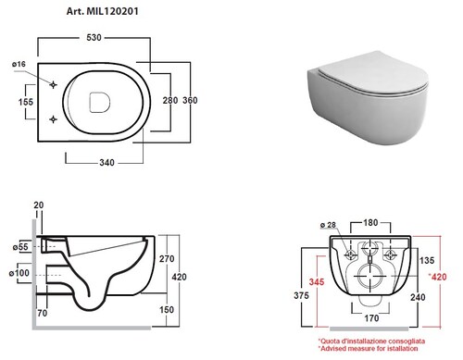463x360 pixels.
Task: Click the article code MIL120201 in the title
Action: (112, 11)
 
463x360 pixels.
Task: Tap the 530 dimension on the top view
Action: (94, 38)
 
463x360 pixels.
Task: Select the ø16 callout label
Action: (19, 64)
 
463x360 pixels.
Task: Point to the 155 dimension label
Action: (26, 102)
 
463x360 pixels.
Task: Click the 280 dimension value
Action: (170, 100)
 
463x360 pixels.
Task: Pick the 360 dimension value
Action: (190, 100)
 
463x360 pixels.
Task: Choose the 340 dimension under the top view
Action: (106, 163)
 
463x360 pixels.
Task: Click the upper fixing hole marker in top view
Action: (53, 84)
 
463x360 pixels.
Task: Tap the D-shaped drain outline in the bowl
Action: (99, 102)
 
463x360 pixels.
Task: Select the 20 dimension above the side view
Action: (39, 205)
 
